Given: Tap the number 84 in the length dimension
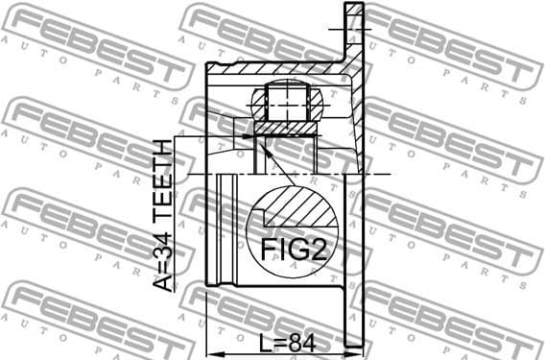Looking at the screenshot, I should coord(301,341).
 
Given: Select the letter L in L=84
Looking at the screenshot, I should coord(265,341).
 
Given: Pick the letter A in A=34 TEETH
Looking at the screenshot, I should coord(164,280).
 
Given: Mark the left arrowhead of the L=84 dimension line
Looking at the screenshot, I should coord(213,351).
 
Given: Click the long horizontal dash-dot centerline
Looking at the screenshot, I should coord(288,174).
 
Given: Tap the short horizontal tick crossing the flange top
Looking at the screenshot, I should coord(344,30).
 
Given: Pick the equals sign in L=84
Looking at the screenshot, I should coord(280,341).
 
